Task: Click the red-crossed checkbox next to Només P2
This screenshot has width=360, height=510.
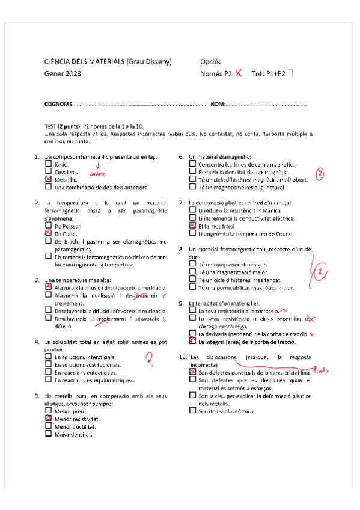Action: click(239, 74)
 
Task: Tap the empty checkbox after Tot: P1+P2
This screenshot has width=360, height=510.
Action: click(291, 73)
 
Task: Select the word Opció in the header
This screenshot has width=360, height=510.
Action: click(210, 61)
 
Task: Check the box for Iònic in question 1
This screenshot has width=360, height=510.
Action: click(48, 164)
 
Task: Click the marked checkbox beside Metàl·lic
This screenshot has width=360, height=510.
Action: click(48, 179)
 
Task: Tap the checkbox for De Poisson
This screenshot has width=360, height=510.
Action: click(48, 226)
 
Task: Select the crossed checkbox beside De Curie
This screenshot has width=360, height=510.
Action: click(48, 233)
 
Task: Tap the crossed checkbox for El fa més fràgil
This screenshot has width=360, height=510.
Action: click(192, 226)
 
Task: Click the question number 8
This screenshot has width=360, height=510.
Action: click(182, 249)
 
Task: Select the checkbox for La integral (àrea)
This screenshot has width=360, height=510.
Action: click(192, 341)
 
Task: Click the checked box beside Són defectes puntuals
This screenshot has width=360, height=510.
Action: click(192, 373)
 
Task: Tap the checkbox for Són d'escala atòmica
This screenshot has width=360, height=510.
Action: click(192, 411)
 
